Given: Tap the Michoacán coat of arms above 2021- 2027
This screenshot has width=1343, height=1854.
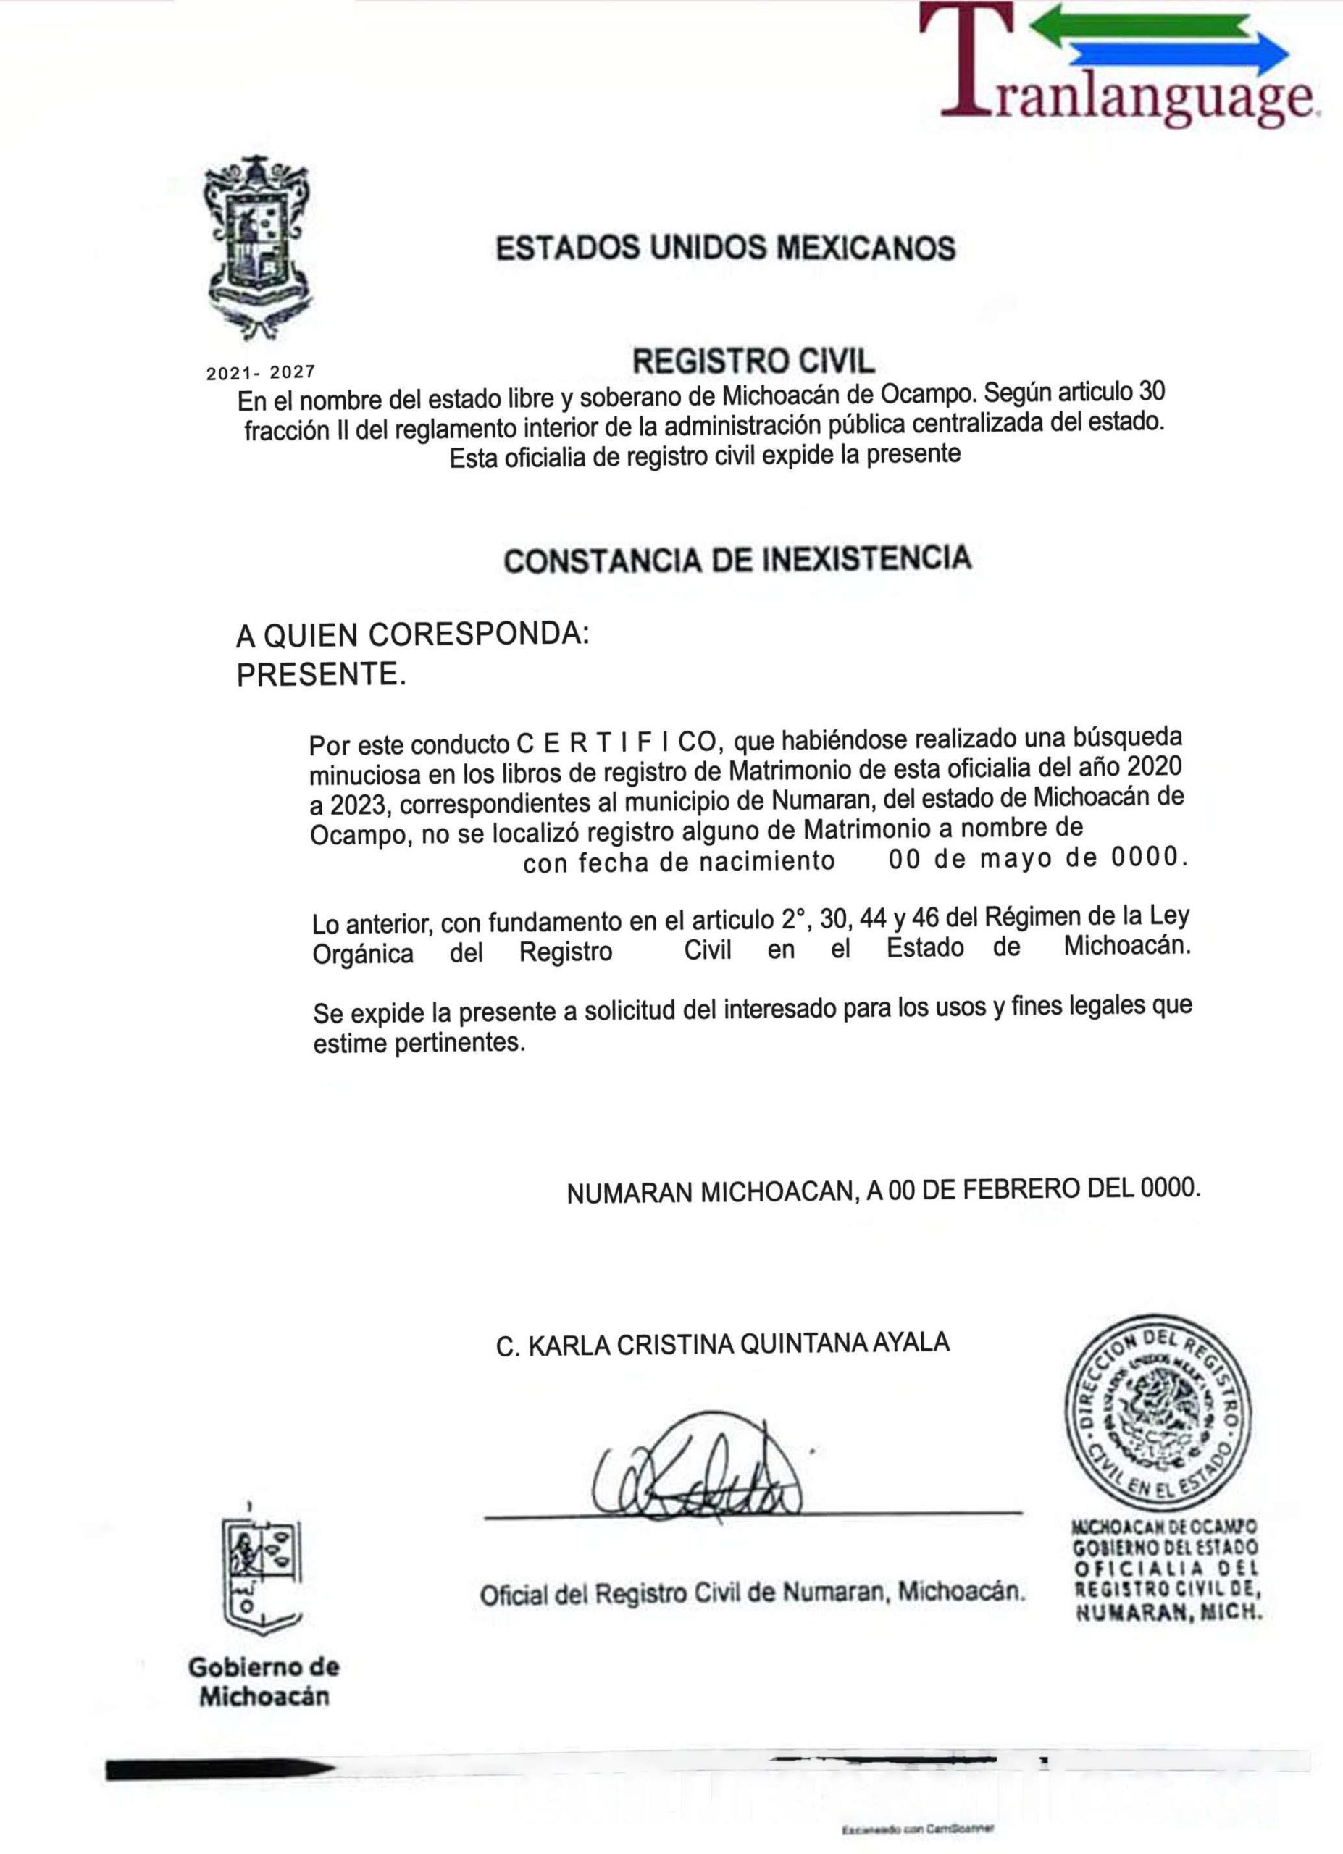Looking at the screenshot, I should (x=261, y=248).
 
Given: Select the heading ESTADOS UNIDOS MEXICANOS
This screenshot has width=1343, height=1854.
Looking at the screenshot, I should (x=725, y=247).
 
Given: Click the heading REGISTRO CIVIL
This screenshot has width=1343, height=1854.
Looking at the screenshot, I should (x=753, y=361).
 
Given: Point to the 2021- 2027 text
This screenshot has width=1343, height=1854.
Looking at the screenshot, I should (x=260, y=374).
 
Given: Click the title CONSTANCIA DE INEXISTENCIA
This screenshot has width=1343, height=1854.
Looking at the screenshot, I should (x=737, y=559).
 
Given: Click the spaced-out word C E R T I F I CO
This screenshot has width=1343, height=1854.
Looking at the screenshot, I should (x=616, y=743).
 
